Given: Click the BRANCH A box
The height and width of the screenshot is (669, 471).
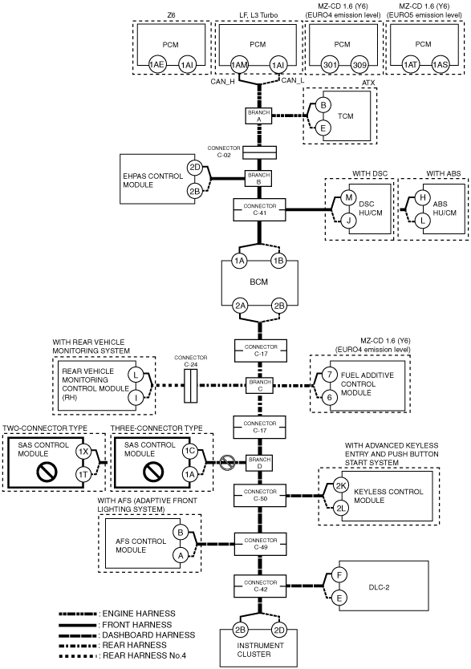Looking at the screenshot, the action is click(258, 116).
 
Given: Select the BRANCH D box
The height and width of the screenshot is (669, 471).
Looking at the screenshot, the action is click(259, 463).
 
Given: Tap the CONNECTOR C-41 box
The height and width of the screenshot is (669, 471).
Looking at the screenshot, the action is click(259, 209).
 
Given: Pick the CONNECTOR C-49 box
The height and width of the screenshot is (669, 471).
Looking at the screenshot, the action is click(260, 544).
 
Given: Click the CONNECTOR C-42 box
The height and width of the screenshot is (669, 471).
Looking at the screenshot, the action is click(260, 586).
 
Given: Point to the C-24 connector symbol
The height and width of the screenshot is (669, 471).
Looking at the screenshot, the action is click(191, 386).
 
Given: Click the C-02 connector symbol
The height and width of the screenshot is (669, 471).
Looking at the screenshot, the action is click(259, 152).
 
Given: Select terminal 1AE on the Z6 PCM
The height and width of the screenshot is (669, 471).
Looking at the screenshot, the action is click(156, 65).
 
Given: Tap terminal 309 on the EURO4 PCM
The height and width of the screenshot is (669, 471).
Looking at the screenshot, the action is click(359, 65).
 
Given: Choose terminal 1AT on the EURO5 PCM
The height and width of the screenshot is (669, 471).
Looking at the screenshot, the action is click(410, 65).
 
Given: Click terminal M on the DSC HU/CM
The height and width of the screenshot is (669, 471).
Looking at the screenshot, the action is click(348, 197).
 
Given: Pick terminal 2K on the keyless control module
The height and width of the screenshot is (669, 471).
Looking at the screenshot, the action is click(341, 485).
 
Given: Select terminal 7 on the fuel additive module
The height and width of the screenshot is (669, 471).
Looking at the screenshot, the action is click(329, 375).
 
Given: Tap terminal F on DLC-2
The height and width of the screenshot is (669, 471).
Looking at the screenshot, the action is click(339, 575).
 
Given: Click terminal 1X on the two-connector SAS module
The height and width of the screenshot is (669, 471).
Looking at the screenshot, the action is click(83, 452).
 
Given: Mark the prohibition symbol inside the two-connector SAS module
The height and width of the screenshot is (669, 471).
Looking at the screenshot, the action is click(47, 472).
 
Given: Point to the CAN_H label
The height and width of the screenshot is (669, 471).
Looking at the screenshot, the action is click(222, 82).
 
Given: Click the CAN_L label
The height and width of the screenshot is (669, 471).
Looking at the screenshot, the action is click(293, 80).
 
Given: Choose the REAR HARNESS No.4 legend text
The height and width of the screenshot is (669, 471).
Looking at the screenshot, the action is click(144, 655).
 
